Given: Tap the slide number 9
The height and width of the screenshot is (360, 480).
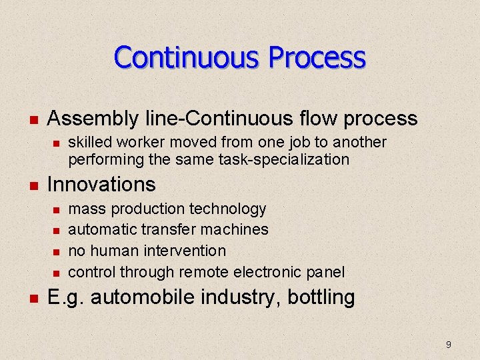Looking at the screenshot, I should tap(448, 345).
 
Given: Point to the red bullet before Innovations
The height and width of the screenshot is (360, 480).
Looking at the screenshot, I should tap(32, 185).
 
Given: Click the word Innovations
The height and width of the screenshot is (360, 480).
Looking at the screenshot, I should tap(101, 184).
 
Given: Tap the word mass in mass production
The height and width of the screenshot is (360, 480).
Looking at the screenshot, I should tap(87, 209).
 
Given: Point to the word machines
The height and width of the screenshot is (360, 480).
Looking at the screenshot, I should tap(236, 230).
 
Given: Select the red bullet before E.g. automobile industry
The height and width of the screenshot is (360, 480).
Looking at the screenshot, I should tap(32, 297).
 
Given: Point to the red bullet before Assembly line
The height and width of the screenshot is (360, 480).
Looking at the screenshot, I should tap(32, 120).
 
